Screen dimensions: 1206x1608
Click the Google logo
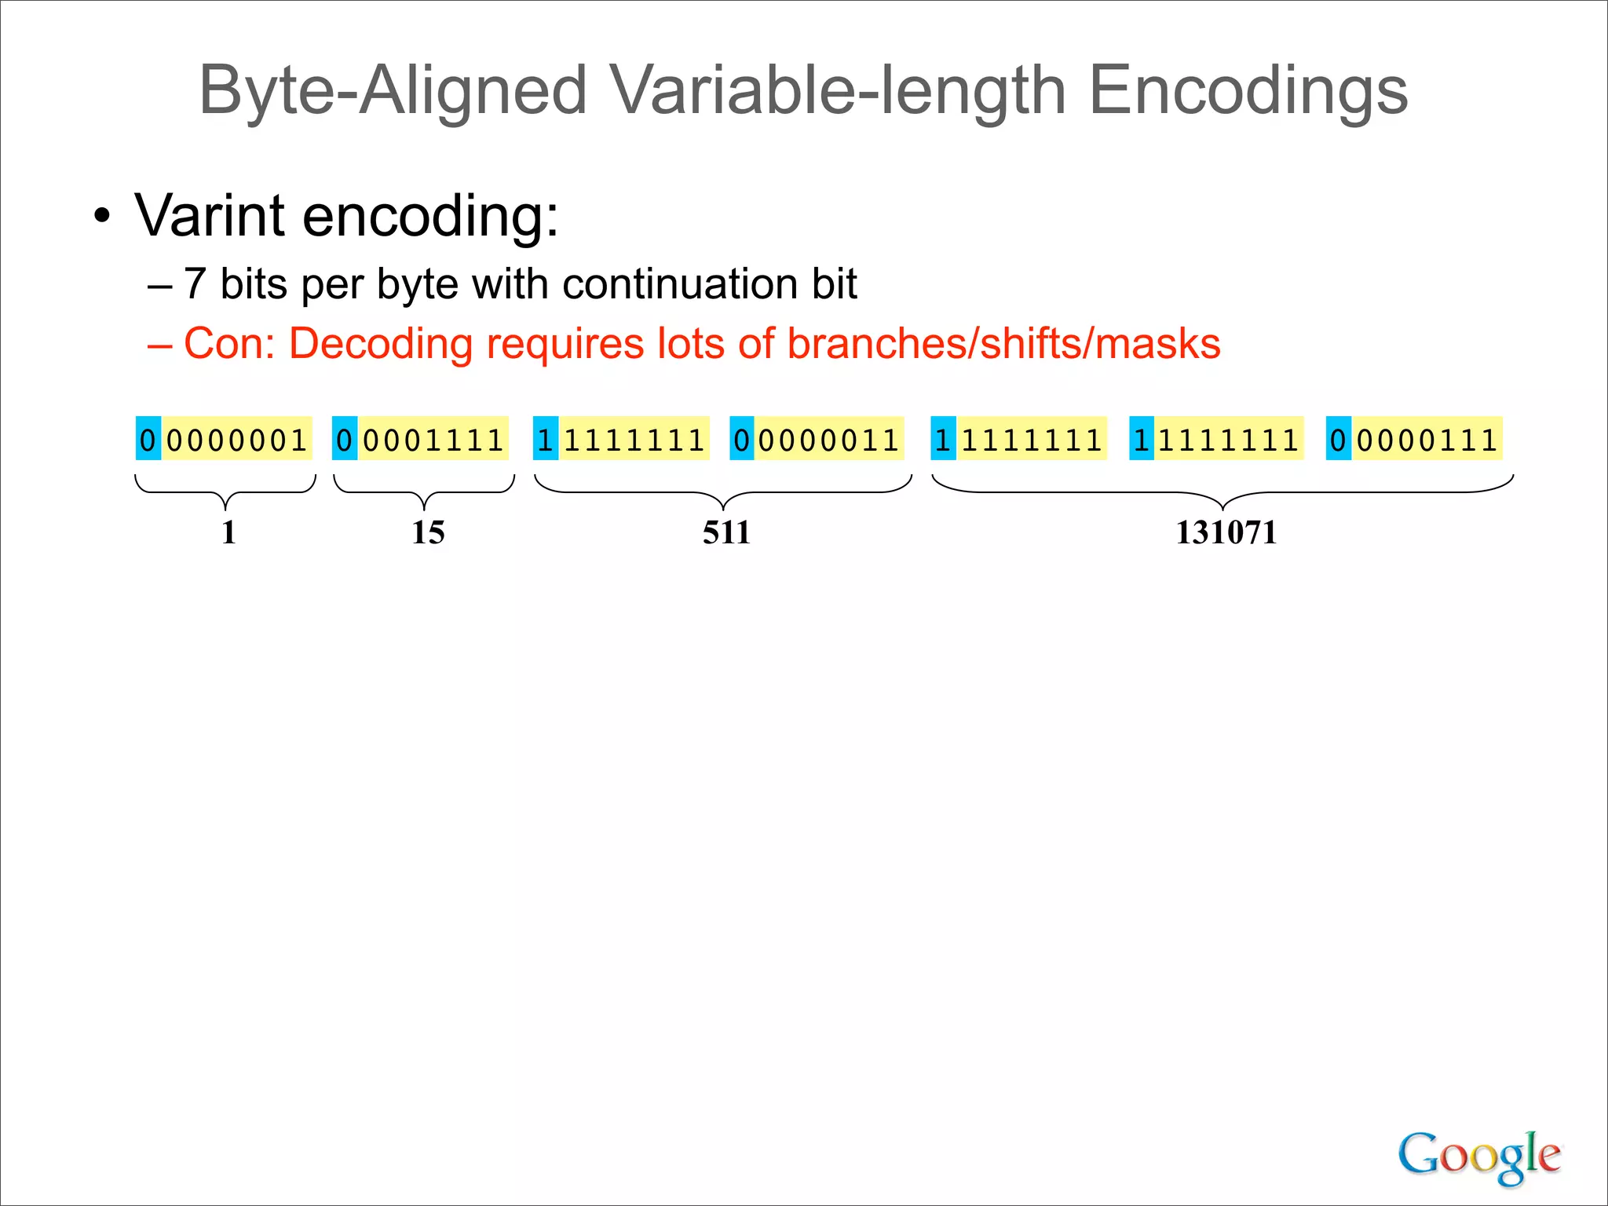[1479, 1157]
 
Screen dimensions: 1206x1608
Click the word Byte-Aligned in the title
[393, 91]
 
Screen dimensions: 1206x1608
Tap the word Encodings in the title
[1248, 91]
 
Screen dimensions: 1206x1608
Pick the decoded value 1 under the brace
[228, 532]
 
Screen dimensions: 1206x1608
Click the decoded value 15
[428, 532]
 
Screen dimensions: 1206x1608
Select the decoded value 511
[726, 532]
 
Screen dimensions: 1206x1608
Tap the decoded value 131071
[1226, 532]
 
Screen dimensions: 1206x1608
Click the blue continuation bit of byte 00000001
[148, 439]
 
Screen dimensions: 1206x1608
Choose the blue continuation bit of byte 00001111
[345, 439]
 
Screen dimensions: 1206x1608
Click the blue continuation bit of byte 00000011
[742, 439]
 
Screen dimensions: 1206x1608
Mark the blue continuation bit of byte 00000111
[1338, 439]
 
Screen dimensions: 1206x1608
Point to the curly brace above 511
[723, 492]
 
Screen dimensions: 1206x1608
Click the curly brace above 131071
[1222, 492]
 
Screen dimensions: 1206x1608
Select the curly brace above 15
[424, 492]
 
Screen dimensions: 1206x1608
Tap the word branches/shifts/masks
[1003, 344]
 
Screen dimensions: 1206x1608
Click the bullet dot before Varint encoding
[102, 216]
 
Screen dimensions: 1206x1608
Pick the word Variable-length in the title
[838, 91]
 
